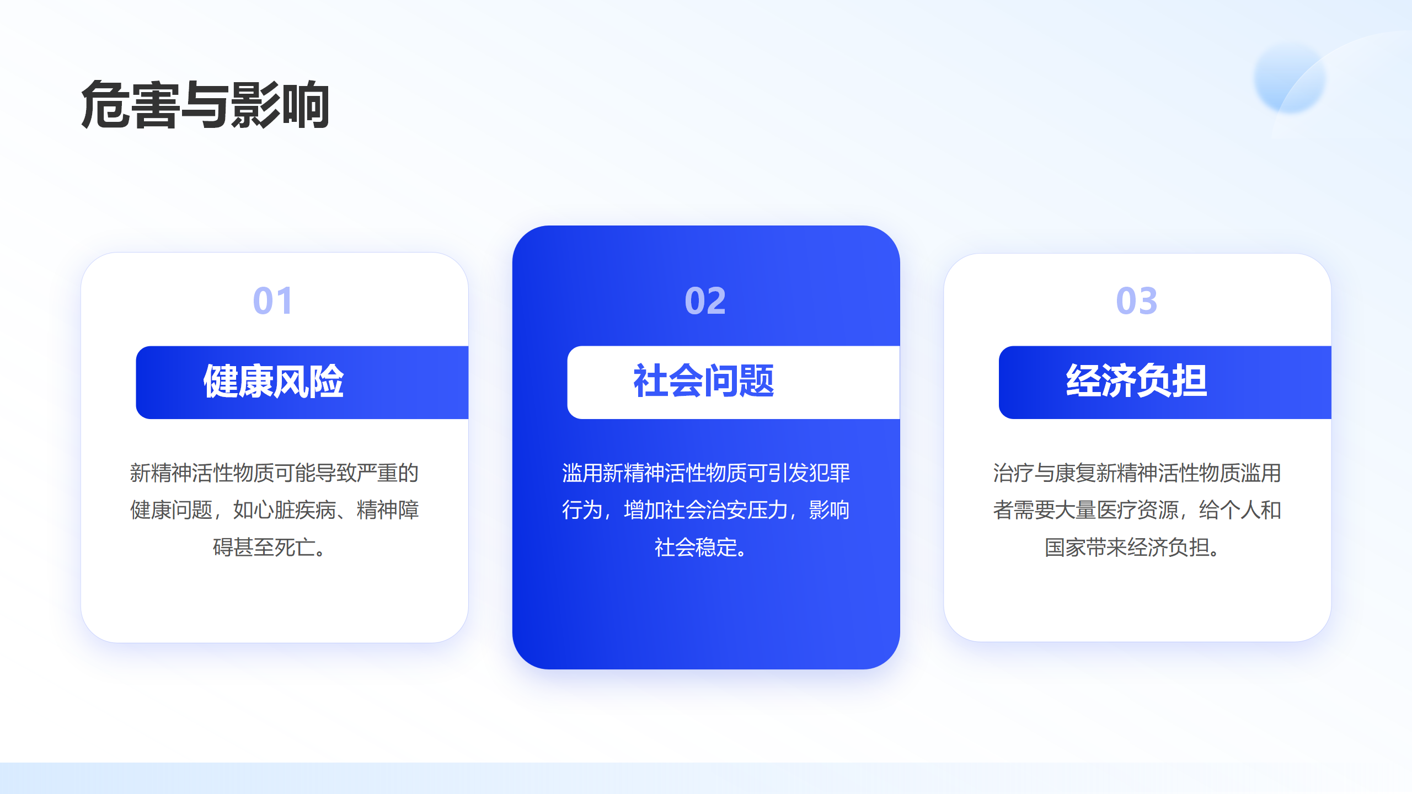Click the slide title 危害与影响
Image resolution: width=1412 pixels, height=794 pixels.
coord(205,105)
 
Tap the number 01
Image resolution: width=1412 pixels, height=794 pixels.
coord(272,301)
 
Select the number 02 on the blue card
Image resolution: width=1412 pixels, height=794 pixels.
coord(705,301)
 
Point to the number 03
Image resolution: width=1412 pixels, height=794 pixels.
coord(1136,301)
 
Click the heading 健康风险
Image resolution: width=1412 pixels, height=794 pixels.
coord(274,381)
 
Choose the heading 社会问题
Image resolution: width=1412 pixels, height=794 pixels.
coord(704,381)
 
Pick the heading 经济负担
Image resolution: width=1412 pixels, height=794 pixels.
coord(1136,381)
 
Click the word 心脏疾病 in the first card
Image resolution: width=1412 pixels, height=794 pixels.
coord(295,510)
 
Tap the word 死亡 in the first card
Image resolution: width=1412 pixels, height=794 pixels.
coord(295,548)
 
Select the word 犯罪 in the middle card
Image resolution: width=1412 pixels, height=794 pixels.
coord(830,473)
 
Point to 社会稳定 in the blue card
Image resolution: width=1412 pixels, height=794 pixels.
coord(696,548)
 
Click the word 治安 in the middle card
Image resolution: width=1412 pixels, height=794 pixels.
coord(726,510)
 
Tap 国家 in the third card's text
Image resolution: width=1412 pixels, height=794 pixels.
coord(1065,548)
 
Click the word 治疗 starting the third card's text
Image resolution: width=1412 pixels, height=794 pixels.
coord(1013,473)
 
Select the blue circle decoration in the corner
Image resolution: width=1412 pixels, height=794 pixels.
coord(1290,78)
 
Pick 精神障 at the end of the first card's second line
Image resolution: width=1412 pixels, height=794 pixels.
coord(388,510)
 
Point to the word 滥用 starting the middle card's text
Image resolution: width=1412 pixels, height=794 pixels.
coord(582,473)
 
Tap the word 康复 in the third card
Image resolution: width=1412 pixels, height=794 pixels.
coord(1075,473)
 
